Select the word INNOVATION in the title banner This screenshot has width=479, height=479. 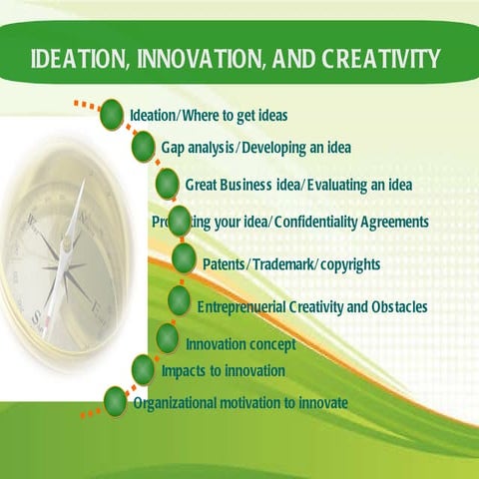coord(196,59)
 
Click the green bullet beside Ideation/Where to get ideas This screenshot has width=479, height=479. coord(112,114)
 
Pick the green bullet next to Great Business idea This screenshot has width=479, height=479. coord(168,185)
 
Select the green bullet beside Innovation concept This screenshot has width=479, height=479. coord(168,339)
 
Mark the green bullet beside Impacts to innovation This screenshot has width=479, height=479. coord(143,369)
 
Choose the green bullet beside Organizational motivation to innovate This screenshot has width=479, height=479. coord(116,401)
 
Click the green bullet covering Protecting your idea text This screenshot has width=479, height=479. coord(180,221)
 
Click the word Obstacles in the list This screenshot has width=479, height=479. coord(398,306)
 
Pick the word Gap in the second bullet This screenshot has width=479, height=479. coord(174,148)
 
